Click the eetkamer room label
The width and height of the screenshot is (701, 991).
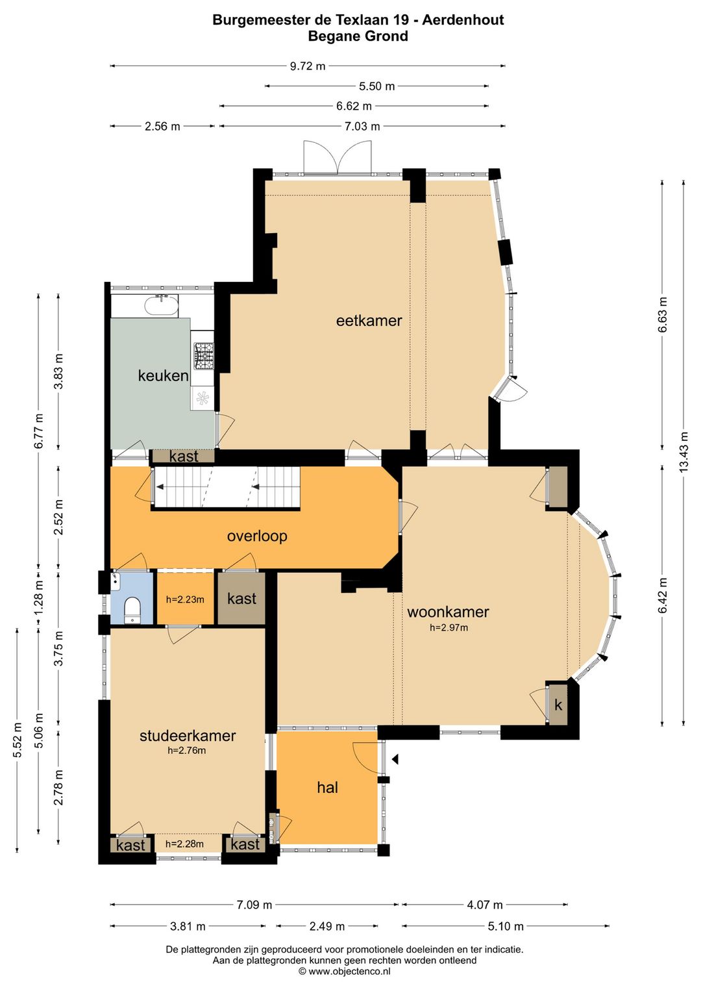click(369, 320)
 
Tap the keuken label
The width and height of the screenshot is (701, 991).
click(163, 375)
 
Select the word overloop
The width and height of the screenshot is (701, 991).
click(257, 536)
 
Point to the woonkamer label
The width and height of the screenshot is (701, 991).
click(448, 612)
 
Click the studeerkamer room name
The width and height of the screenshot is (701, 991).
click(188, 736)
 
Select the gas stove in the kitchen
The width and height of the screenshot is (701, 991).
click(204, 356)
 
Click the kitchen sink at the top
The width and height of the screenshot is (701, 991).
click(162, 305)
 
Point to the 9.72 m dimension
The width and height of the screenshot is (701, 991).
click(308, 66)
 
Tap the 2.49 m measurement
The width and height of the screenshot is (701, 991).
click(327, 926)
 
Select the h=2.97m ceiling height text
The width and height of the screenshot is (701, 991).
click(449, 627)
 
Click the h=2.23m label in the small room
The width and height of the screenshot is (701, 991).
click(185, 600)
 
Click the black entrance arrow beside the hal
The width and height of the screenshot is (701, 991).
click(395, 759)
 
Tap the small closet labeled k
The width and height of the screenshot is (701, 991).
click(558, 705)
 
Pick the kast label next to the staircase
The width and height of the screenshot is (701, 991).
click(184, 456)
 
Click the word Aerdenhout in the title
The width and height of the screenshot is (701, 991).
click(463, 20)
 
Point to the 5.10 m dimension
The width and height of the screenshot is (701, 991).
click(506, 926)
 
